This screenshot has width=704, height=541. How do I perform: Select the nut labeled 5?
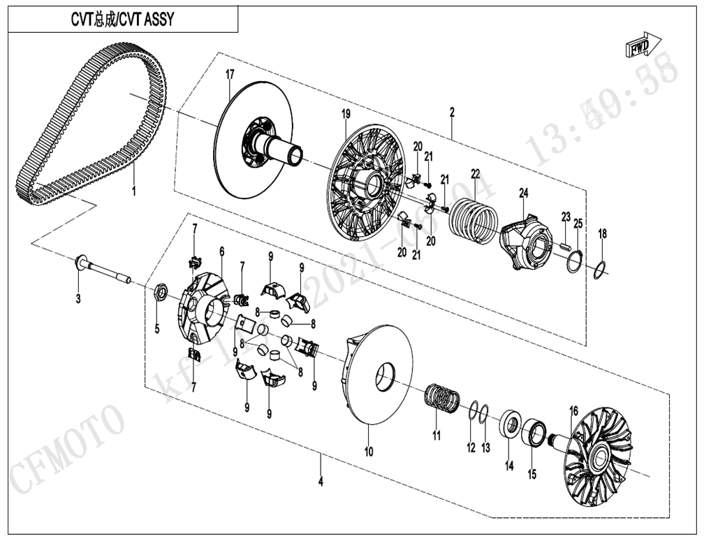(x=159, y=291)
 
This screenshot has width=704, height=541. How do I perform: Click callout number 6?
(x=221, y=251)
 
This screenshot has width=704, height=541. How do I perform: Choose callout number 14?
(x=509, y=466)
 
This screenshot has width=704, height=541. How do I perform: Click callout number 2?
(x=452, y=112)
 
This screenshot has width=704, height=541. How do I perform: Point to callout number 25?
(x=578, y=223)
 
